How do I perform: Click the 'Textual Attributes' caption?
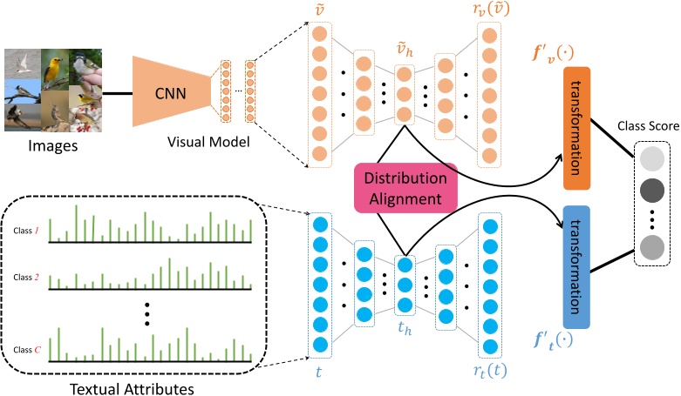pyautogui.click(x=133, y=384)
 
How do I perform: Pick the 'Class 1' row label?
pyautogui.click(x=27, y=231)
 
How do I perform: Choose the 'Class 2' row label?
pyautogui.click(x=27, y=277)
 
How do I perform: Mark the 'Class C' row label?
pyautogui.click(x=27, y=350)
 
